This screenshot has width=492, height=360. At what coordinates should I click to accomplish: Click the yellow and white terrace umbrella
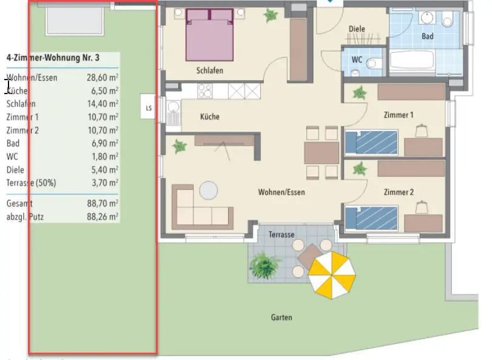[x=332, y=275]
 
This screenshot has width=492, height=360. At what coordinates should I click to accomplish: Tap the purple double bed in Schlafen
[x=210, y=35]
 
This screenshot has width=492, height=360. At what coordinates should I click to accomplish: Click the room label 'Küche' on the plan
[x=210, y=117]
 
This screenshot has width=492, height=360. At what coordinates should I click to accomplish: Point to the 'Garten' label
[x=281, y=318]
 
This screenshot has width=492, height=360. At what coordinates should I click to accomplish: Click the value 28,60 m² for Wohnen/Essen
[x=103, y=77]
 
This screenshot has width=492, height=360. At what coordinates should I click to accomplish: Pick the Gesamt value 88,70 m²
[x=103, y=203]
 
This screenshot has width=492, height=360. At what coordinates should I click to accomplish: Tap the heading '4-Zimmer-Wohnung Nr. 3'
[x=53, y=58]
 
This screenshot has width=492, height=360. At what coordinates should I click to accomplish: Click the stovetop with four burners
[x=205, y=91]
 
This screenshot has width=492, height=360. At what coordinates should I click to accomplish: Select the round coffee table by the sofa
[x=209, y=191]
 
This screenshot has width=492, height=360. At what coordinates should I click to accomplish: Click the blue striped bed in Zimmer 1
[x=371, y=143]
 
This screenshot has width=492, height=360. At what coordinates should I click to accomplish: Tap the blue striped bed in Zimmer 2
[x=371, y=218]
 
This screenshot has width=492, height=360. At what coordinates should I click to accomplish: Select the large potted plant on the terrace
[x=264, y=265]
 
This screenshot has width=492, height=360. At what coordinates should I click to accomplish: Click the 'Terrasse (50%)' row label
[x=31, y=183]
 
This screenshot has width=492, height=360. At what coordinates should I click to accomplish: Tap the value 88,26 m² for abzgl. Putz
[x=103, y=217]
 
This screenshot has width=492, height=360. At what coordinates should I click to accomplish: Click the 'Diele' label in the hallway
[x=357, y=29]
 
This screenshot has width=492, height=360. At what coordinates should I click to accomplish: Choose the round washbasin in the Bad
[x=427, y=18]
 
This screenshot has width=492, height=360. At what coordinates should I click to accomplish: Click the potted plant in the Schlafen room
[x=270, y=15]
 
